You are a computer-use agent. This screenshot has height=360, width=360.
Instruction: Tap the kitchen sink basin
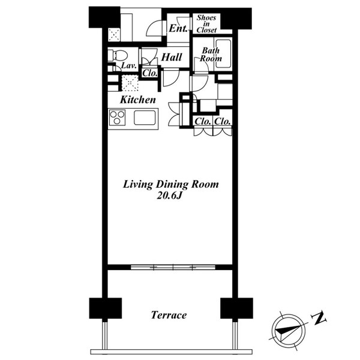pos(145,118)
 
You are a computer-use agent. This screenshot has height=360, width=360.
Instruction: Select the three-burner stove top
pos(117,118)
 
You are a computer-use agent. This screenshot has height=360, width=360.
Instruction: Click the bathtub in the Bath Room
pos(223,54)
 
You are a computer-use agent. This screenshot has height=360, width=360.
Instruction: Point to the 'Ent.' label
pos(178,28)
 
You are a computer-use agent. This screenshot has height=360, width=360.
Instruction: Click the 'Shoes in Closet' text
pos(206,24)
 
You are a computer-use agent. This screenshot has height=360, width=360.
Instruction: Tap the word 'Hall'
pos(172,57)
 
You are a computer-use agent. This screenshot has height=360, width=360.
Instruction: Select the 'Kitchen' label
pos(138,100)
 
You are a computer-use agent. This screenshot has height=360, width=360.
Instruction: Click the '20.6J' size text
pos(169,196)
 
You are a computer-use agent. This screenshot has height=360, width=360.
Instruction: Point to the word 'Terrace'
pos(169,315)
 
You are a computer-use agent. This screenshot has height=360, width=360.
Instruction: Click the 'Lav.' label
pos(129,65)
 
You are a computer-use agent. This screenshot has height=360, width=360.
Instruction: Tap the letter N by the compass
pos(319,318)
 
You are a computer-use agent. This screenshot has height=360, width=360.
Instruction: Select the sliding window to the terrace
pos(173,267)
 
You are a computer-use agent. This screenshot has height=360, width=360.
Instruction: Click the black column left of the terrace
pos(106,308)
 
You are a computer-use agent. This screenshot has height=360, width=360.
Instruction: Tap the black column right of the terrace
pos(236,308)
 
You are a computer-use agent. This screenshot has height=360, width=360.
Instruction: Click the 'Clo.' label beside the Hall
pos(150,73)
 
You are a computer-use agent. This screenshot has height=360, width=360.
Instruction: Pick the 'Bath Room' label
pos(211,55)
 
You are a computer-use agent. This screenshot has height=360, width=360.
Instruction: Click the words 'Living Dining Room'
pos(171,184)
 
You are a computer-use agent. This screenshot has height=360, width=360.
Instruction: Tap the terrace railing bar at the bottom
pos(172,352)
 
